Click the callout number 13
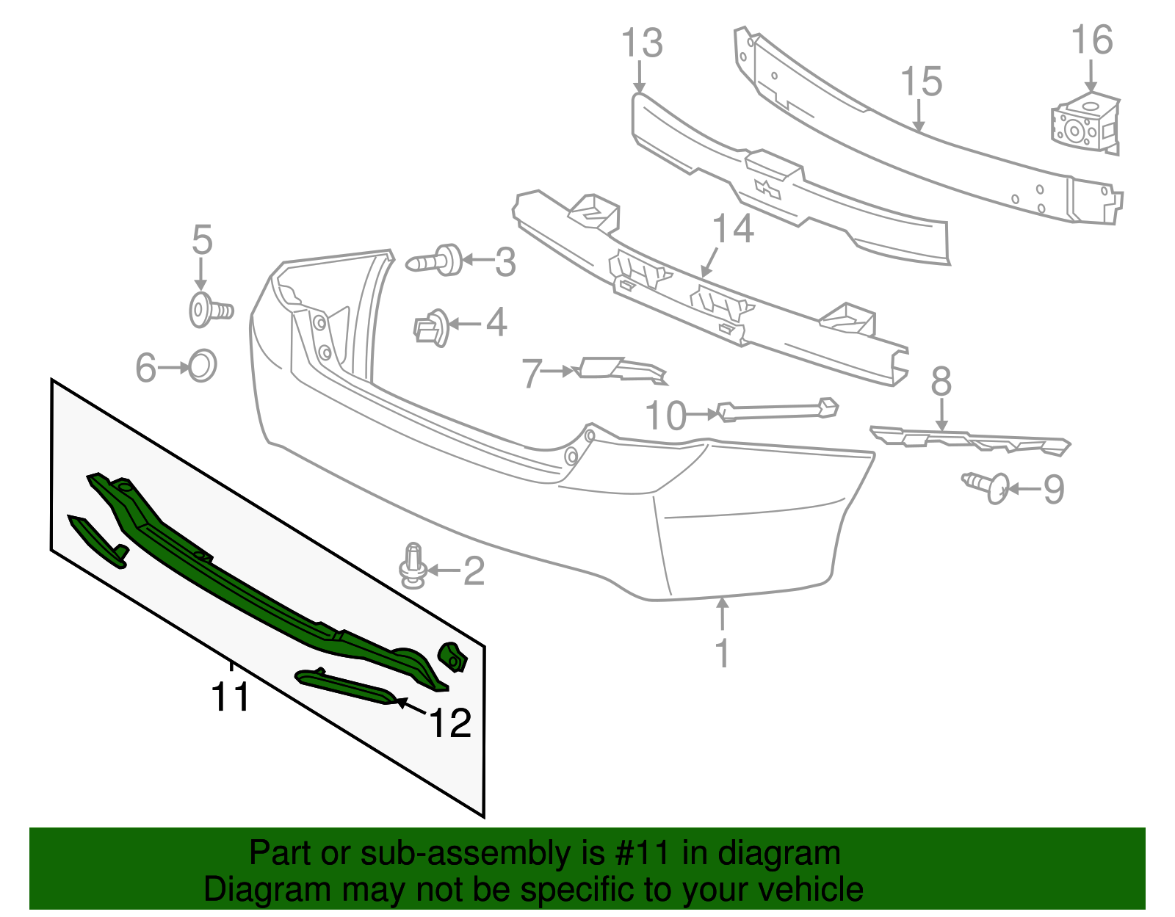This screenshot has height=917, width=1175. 642,43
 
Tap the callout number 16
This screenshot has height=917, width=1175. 1092,40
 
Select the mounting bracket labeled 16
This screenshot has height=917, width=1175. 1085,125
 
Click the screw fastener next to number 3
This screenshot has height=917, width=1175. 435,261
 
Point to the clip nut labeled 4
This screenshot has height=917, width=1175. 431,327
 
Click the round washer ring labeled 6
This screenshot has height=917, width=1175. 202,365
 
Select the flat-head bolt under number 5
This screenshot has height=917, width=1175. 210,310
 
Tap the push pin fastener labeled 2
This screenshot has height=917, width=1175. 413,566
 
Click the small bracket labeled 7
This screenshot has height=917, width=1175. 621,369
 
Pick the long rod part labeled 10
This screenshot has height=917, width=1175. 777,410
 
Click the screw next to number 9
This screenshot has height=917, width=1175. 988,486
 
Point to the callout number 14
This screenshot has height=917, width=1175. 732,229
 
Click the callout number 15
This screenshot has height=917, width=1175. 921,81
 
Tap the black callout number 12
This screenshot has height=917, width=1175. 449,723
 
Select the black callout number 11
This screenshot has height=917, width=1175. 231,697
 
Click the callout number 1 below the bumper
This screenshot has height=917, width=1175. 723,653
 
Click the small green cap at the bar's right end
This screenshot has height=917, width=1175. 452,656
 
